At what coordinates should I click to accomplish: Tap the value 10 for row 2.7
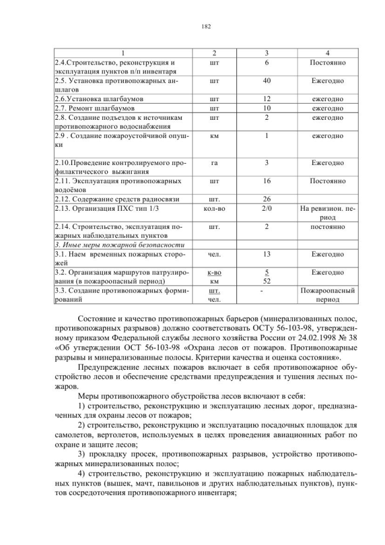(x=266, y=108)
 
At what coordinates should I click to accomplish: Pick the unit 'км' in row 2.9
(x=214, y=136)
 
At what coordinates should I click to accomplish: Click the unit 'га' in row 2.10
(x=214, y=163)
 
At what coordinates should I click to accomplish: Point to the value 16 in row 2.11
(x=266, y=181)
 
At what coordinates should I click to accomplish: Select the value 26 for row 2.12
(x=266, y=199)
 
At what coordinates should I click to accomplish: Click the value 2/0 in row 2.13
(x=266, y=208)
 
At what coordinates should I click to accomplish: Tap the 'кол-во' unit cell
(x=214, y=208)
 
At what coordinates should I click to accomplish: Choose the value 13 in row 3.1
(x=266, y=254)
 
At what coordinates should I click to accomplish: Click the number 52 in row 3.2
(x=266, y=281)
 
